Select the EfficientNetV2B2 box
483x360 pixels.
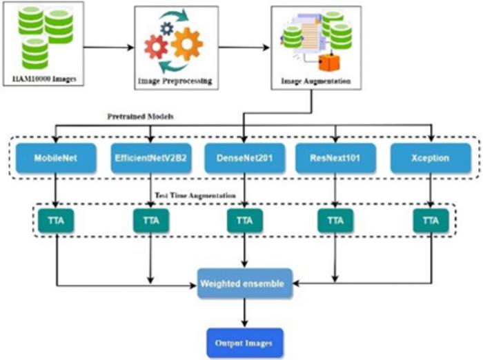[151, 158]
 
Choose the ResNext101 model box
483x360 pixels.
[336, 158]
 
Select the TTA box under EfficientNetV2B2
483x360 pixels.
[151, 222]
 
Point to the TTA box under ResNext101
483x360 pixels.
[336, 222]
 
